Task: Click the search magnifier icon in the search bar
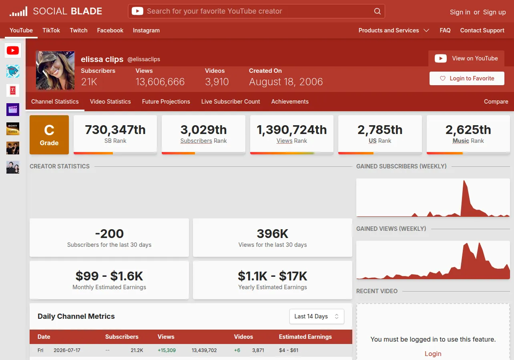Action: pos(377,11)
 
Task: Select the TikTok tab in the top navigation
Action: pos(51,30)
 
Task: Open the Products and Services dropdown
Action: pos(394,30)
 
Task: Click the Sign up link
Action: pos(494,12)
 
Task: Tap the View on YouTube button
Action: pos(466,58)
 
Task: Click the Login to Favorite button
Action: pos(467,78)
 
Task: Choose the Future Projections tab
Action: pos(166,102)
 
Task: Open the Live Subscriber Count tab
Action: pos(231,102)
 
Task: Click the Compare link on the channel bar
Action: pos(496,102)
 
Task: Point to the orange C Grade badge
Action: pos(49,134)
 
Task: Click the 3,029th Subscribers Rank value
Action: pos(203,130)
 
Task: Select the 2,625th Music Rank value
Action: pos(468,130)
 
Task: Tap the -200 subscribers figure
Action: pos(109,234)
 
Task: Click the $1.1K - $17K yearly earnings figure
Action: pos(272,276)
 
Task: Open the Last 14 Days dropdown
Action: pos(317,316)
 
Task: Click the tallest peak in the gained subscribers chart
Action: pos(464,181)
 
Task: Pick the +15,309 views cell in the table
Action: pos(167,350)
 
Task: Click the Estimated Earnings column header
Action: pos(305,337)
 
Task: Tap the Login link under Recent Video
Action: pos(433,354)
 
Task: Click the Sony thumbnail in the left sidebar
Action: pos(13,129)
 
